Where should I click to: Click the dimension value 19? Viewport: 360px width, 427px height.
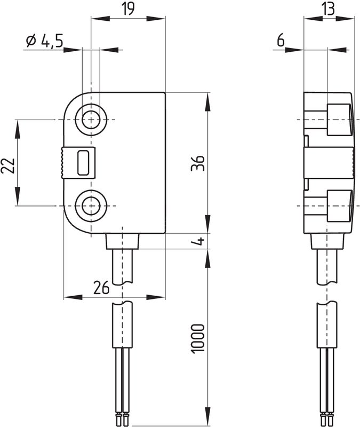(x=127, y=9)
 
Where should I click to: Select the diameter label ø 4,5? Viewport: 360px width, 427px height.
(x=45, y=41)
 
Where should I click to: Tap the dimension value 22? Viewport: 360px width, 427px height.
(x=7, y=165)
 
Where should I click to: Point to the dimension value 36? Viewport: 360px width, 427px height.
(x=197, y=163)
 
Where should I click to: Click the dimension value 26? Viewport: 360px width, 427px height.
(x=101, y=288)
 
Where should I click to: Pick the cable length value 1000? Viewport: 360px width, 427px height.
(x=197, y=339)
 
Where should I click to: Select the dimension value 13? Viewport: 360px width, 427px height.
(x=329, y=9)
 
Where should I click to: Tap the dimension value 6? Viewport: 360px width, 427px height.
(x=281, y=41)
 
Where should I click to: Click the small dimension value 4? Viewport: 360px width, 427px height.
(x=200, y=241)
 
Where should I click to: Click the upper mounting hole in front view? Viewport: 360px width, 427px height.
(x=91, y=120)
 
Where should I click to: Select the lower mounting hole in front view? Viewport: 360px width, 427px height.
(x=91, y=206)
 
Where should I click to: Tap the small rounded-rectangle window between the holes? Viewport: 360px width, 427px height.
(x=83, y=163)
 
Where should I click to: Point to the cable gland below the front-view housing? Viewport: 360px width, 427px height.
(x=123, y=241)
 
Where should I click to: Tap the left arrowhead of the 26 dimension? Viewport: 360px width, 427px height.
(x=73, y=297)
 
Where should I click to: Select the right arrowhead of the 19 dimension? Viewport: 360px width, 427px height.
(x=156, y=19)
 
